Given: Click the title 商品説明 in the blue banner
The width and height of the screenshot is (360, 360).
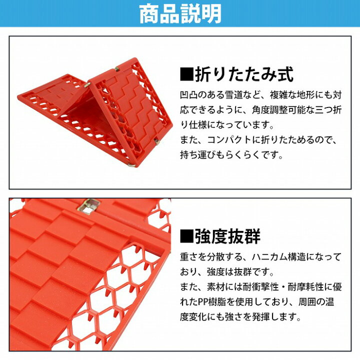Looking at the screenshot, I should coord(180,15).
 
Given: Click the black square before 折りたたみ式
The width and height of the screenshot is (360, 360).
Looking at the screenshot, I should coord(186,75).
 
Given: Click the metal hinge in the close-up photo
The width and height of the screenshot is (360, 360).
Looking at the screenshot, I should coord(89,205).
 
